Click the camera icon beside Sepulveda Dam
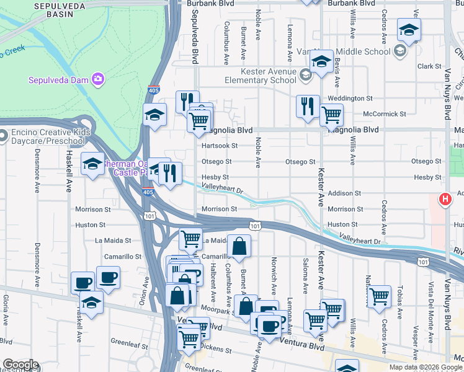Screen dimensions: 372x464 (x=98, y=79)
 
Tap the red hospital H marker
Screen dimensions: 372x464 (x=445, y=200)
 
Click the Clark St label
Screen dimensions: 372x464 (x=429, y=66)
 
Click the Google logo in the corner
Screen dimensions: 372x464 (x=20, y=365)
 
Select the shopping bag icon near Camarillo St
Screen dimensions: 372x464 (x=239, y=246)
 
